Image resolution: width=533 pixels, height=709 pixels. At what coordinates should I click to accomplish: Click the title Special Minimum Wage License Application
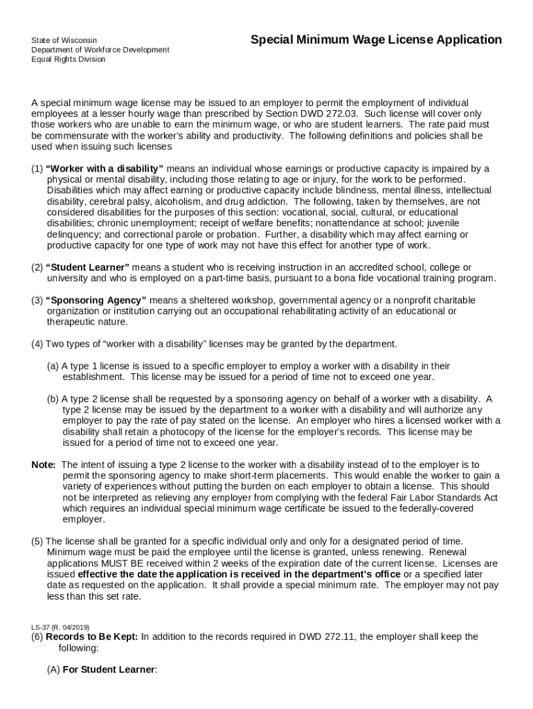pyautogui.click(x=376, y=40)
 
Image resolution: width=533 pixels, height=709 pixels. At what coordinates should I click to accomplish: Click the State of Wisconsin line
pyautogui.click(x=64, y=41)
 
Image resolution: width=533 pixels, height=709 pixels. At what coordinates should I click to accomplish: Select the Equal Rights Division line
pyautogui.click(x=68, y=60)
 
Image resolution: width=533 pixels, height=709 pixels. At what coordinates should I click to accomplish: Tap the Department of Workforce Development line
pyautogui.click(x=100, y=50)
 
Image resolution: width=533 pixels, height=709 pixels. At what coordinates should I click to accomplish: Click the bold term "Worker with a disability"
pyautogui.click(x=105, y=168)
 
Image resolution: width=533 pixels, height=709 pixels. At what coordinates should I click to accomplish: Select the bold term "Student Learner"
pyautogui.click(x=87, y=267)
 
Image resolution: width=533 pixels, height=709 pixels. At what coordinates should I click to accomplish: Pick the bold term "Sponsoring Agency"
pyautogui.click(x=96, y=300)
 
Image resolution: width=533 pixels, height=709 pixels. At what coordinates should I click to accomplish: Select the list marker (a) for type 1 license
pyautogui.click(x=53, y=366)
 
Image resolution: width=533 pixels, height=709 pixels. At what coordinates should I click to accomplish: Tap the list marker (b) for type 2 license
pyautogui.click(x=53, y=399)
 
